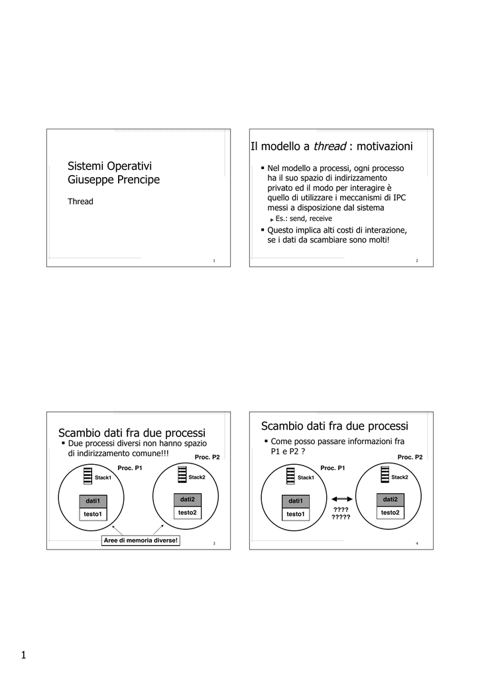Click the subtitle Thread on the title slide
click(x=80, y=202)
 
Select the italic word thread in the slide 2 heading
click(x=330, y=146)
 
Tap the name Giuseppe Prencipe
click(x=114, y=180)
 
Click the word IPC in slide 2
click(x=399, y=197)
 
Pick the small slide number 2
click(x=416, y=261)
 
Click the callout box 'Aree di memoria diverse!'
click(x=141, y=540)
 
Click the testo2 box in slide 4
click(x=390, y=513)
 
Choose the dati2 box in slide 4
click(x=390, y=499)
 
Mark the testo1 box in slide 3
click(x=92, y=514)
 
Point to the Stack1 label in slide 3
click(x=103, y=477)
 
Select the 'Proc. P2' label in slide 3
click(x=207, y=457)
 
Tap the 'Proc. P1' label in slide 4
click(x=332, y=468)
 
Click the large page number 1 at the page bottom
click(x=23, y=656)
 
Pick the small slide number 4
click(x=416, y=543)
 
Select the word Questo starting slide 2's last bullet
click(x=281, y=230)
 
